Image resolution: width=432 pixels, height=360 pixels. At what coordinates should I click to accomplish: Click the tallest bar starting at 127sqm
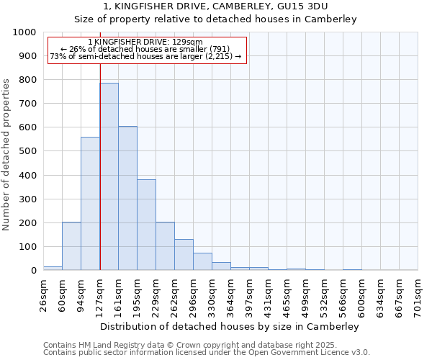click(x=109, y=176)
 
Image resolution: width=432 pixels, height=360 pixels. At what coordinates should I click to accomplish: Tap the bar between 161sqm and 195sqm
click(x=127, y=198)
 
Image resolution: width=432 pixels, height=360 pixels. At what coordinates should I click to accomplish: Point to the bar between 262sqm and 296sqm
click(x=184, y=255)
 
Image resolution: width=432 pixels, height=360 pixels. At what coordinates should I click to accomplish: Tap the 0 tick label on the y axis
click(x=33, y=271)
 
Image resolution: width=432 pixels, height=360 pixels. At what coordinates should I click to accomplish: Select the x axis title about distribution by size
click(x=230, y=326)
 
